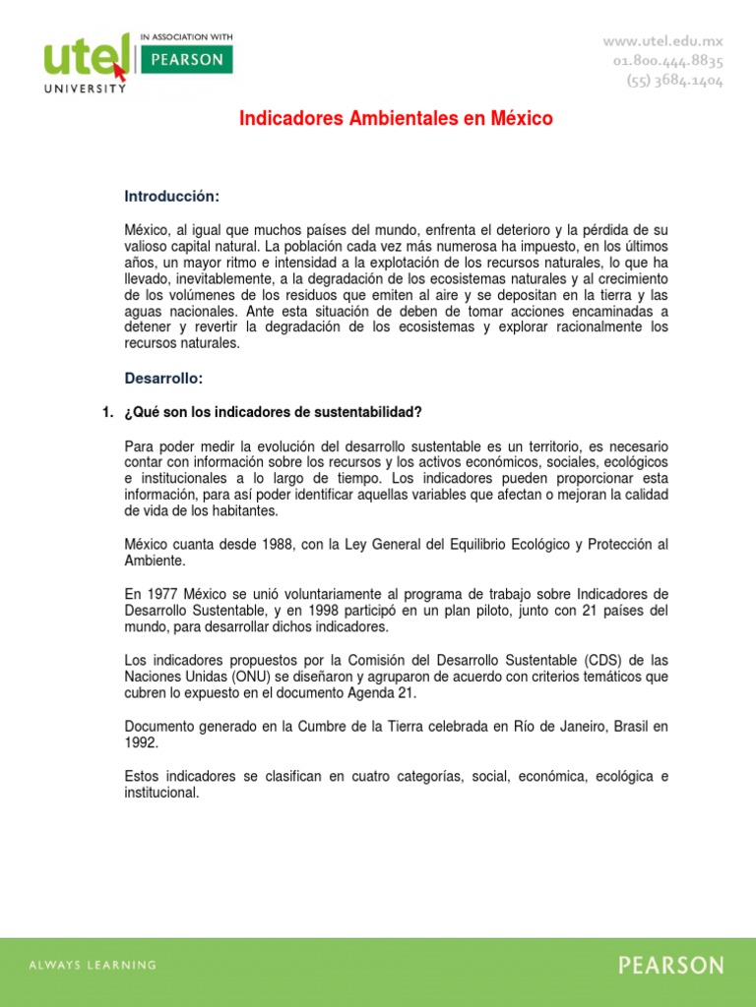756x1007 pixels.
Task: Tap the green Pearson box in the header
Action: (x=187, y=60)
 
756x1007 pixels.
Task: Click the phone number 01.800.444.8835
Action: (x=667, y=62)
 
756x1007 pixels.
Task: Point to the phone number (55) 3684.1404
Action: (x=674, y=82)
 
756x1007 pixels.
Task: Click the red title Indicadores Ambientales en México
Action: (x=397, y=119)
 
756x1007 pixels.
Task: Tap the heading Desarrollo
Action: (x=163, y=378)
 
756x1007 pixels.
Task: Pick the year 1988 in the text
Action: (x=249, y=545)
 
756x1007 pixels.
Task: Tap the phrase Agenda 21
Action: (x=384, y=693)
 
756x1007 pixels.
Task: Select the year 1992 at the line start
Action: (x=141, y=743)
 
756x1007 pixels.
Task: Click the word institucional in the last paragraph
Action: (x=161, y=793)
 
